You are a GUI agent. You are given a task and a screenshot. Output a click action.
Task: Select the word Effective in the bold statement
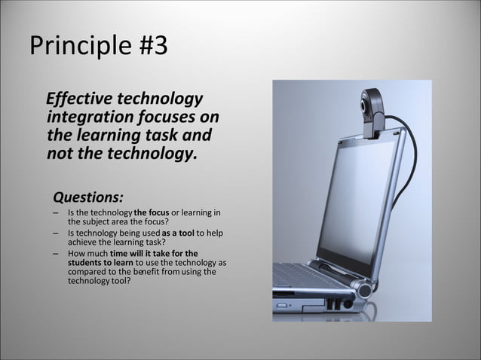[79, 99]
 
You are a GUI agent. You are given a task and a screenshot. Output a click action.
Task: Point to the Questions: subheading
[87, 197]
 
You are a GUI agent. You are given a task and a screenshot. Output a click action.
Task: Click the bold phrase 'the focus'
[151, 214]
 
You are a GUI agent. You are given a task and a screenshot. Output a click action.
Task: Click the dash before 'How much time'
[57, 254]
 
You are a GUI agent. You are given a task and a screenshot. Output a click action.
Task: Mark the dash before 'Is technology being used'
[57, 233]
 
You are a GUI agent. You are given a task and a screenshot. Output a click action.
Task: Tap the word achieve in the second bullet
[83, 242]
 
